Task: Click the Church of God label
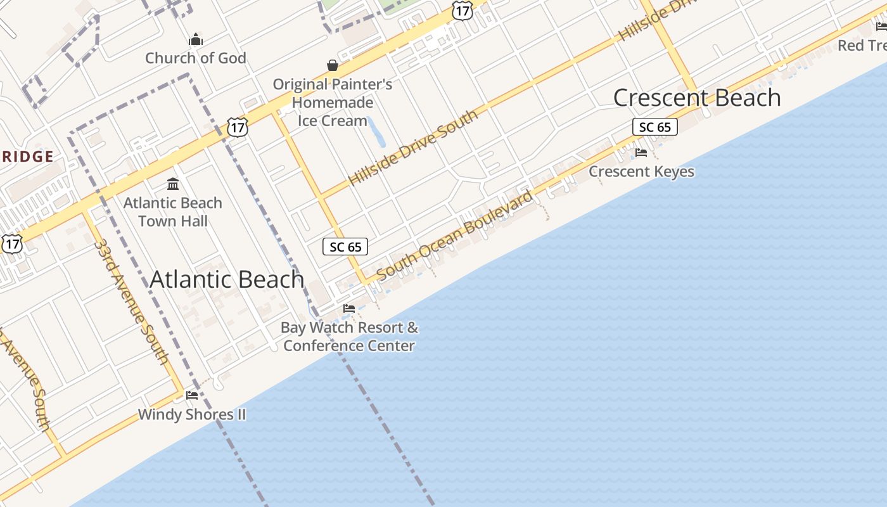[x=195, y=58]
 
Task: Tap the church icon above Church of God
[x=196, y=40]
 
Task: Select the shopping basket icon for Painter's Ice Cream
[x=333, y=65]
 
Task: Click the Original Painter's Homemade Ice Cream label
[x=333, y=102]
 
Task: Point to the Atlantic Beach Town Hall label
[x=172, y=212]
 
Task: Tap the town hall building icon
[x=172, y=184]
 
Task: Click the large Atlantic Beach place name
[x=227, y=279]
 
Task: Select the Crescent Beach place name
[x=697, y=98]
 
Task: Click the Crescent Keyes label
[x=641, y=172]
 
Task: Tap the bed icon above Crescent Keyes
[x=641, y=153]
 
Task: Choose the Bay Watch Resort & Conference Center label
[x=349, y=337]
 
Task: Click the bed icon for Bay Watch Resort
[x=348, y=309]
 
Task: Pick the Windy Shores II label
[x=192, y=415]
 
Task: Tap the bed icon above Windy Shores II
[x=192, y=395]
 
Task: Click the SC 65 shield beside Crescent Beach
[x=655, y=127]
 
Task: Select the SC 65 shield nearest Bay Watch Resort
[x=345, y=247]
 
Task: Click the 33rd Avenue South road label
[x=130, y=301]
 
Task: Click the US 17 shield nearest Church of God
[x=237, y=127]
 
